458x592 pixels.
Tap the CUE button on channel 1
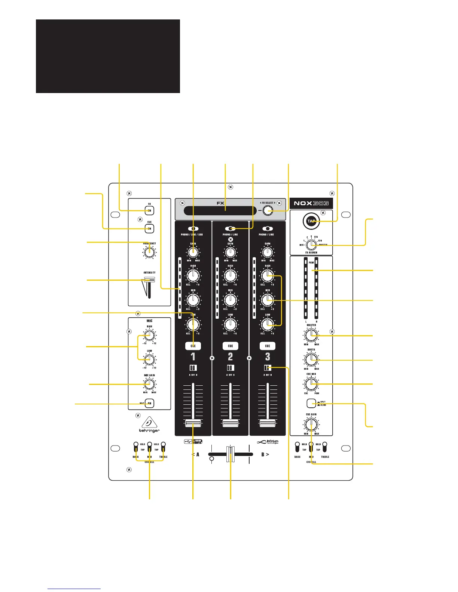pyautogui.click(x=193, y=346)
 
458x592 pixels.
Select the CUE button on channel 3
pyautogui.click(x=267, y=346)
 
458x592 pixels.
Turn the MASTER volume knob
pyautogui.click(x=311, y=336)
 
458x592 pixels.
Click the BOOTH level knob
pyautogui.click(x=311, y=360)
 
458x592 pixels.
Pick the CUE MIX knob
pyautogui.click(x=311, y=383)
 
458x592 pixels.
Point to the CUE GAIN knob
pyautogui.click(x=311, y=424)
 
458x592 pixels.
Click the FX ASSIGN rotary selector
pyautogui.click(x=311, y=244)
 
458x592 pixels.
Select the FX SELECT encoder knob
pyautogui.click(x=268, y=211)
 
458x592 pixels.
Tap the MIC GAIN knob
pyautogui.click(x=149, y=384)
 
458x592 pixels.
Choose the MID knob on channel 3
pyautogui.click(x=267, y=300)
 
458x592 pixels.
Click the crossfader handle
pyautogui.click(x=230, y=454)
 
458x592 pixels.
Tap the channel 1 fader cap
pyautogui.click(x=193, y=423)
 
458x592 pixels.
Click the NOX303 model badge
pyautogui.click(x=311, y=203)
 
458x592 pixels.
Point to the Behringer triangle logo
pyautogui.click(x=149, y=422)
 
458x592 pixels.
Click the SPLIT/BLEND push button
pyautogui.click(x=311, y=404)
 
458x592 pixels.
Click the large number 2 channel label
pyautogui.click(x=230, y=357)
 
